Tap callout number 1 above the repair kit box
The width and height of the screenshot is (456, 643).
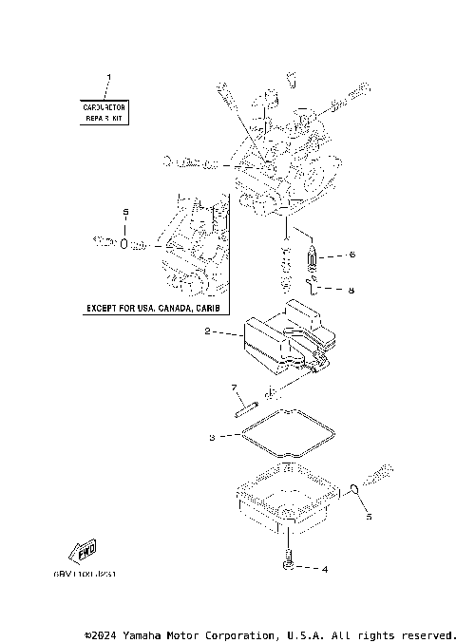tap(107, 77)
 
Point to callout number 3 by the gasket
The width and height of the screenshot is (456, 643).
tap(213, 438)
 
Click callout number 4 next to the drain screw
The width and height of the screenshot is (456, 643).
tap(324, 570)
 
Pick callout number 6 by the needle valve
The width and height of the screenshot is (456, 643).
tap(351, 255)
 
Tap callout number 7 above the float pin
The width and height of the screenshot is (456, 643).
tap(233, 388)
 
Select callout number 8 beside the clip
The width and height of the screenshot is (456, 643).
tap(351, 291)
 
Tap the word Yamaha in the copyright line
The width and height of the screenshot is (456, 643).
tap(153, 634)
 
